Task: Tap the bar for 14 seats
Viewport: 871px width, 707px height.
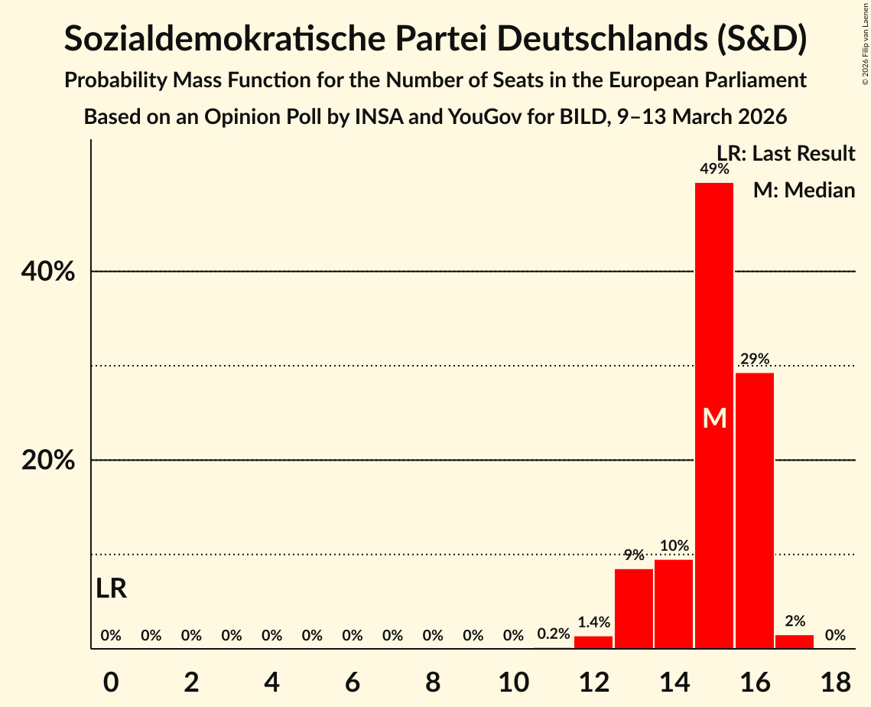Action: (x=674, y=604)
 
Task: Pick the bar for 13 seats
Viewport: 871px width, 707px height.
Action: (x=633, y=608)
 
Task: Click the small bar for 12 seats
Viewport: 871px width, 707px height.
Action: (x=593, y=642)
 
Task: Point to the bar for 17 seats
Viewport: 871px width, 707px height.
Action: (x=795, y=641)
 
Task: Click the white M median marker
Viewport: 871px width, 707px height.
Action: (x=714, y=418)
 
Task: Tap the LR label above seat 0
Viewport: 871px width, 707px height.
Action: (x=112, y=588)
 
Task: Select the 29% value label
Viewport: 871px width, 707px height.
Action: (x=754, y=359)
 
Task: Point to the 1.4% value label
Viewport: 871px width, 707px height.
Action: (x=593, y=622)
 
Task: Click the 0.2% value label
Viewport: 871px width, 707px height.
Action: (x=553, y=634)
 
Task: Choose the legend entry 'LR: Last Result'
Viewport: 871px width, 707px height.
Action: (x=785, y=154)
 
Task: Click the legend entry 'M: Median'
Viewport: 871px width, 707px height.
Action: (x=804, y=190)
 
